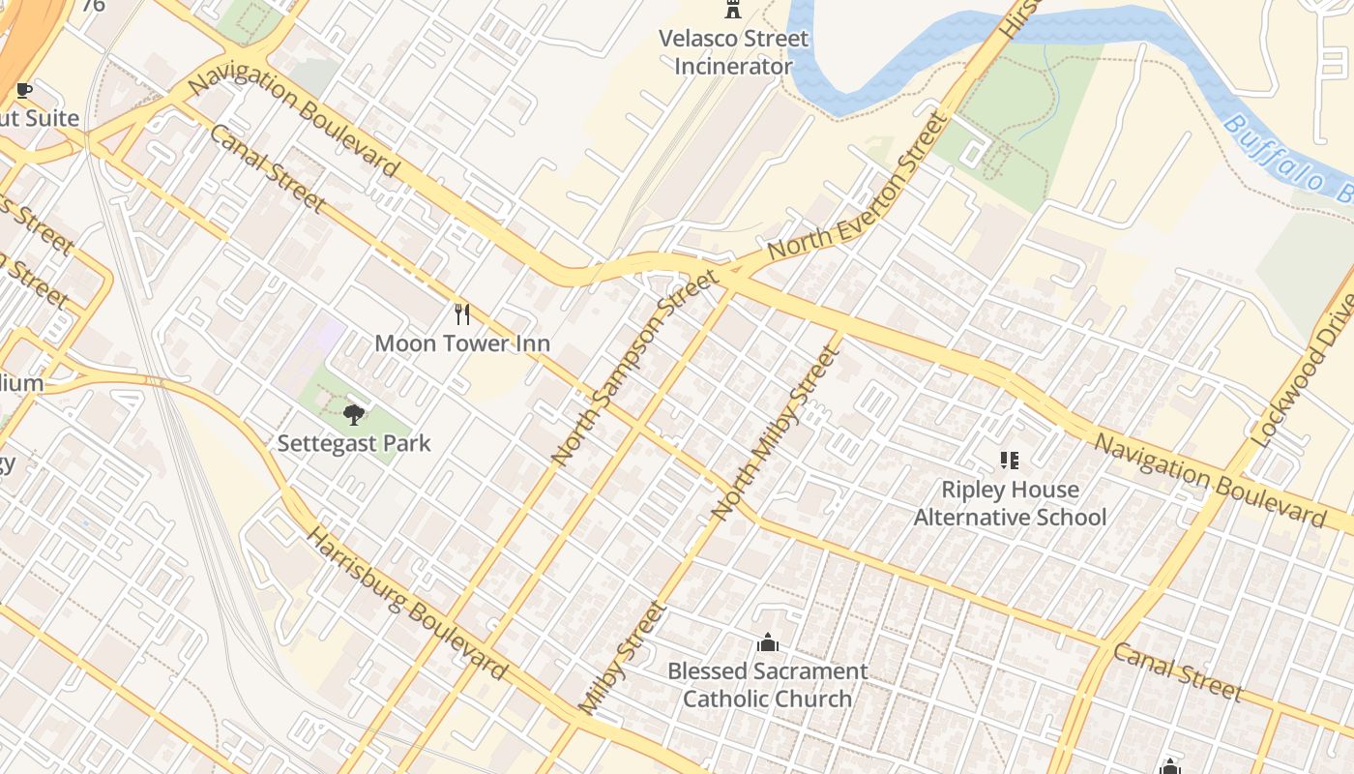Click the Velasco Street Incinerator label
click(733, 52)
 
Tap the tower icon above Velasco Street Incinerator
click(733, 11)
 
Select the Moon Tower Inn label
click(462, 342)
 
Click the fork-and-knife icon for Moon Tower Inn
click(462, 313)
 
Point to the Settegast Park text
click(354, 443)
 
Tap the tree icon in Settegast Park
click(354, 415)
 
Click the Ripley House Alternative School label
click(1010, 503)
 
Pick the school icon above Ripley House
click(1010, 461)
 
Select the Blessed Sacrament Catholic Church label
click(768, 684)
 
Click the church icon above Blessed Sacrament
click(768, 642)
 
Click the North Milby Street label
click(774, 433)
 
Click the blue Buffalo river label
click(1286, 160)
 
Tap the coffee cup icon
click(24, 91)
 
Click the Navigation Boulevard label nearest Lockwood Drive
click(1209, 480)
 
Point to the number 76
click(93, 6)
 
